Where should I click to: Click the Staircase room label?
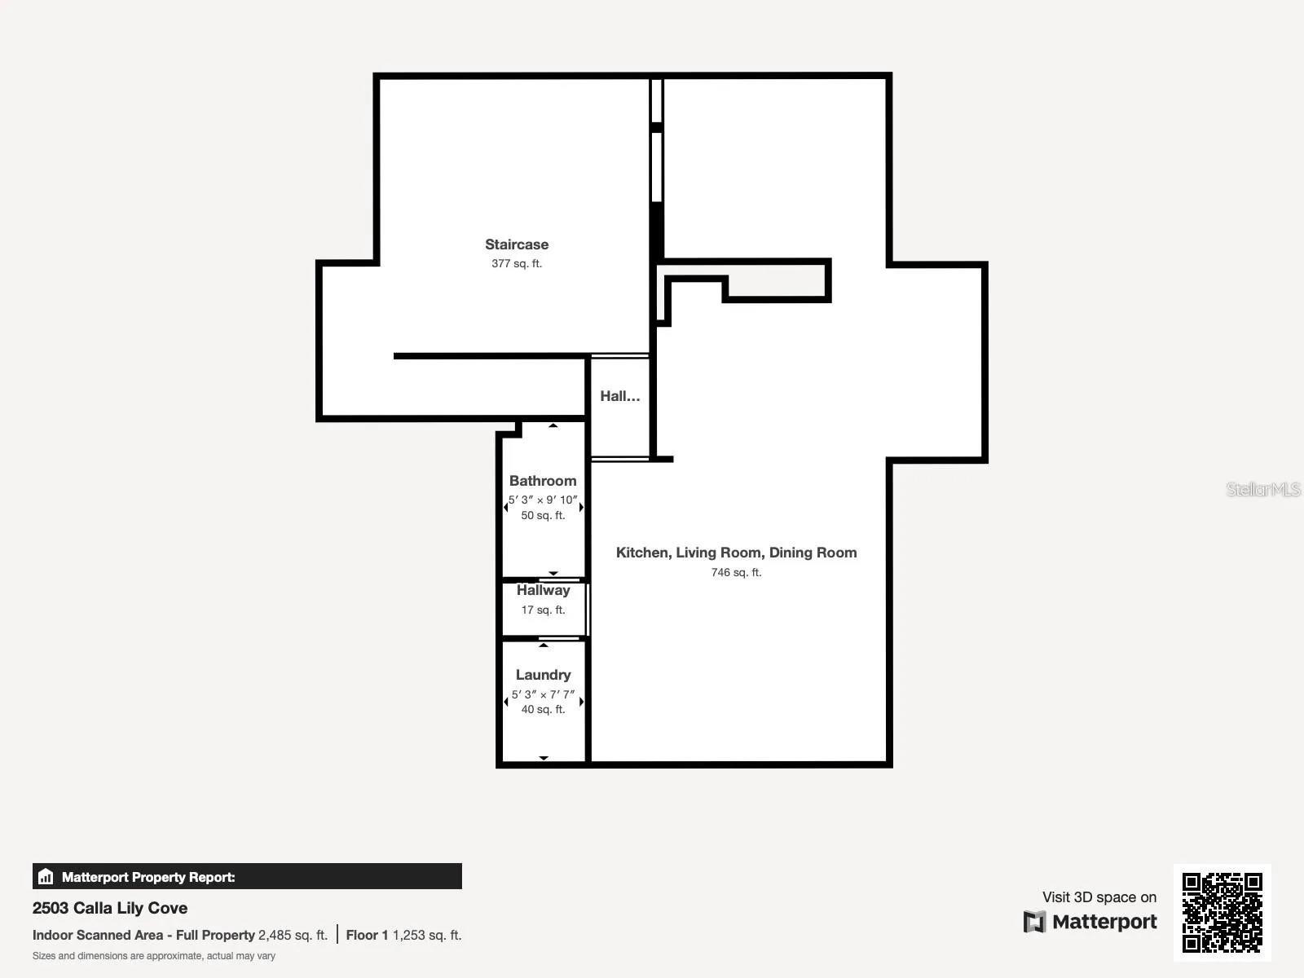click(x=517, y=244)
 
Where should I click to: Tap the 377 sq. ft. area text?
click(x=517, y=263)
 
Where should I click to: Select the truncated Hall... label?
click(x=619, y=396)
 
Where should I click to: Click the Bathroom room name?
click(x=543, y=481)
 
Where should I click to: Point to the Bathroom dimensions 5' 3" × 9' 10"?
click(x=543, y=500)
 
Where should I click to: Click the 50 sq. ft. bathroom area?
click(x=543, y=515)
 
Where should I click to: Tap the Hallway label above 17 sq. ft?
click(x=543, y=590)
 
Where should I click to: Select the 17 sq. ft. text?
click(x=543, y=610)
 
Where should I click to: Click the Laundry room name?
click(x=543, y=675)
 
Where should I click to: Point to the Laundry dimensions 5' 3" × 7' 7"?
click(x=543, y=694)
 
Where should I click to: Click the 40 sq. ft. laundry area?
click(x=543, y=709)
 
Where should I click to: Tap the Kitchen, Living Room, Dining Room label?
click(x=736, y=553)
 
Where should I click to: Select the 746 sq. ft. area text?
click(x=736, y=572)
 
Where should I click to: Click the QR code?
click(x=1222, y=912)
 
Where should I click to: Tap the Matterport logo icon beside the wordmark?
click(x=1034, y=922)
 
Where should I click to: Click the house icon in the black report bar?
click(x=46, y=877)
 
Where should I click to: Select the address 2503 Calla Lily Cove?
click(x=110, y=908)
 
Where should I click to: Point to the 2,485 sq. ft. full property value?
click(x=293, y=935)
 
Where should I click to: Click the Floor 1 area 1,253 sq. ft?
click(x=426, y=935)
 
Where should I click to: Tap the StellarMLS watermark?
click(x=1263, y=489)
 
